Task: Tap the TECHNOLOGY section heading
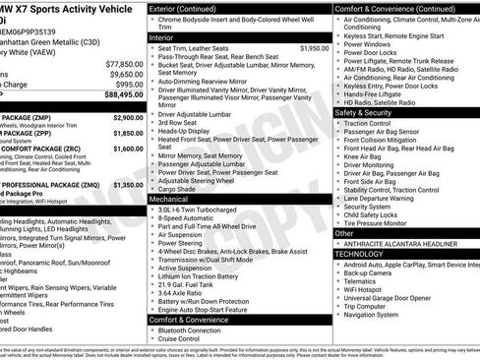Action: (359, 254)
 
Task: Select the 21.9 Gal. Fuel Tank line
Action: (192, 283)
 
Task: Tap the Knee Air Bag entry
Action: (365, 155)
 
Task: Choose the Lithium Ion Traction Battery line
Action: (204, 274)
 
